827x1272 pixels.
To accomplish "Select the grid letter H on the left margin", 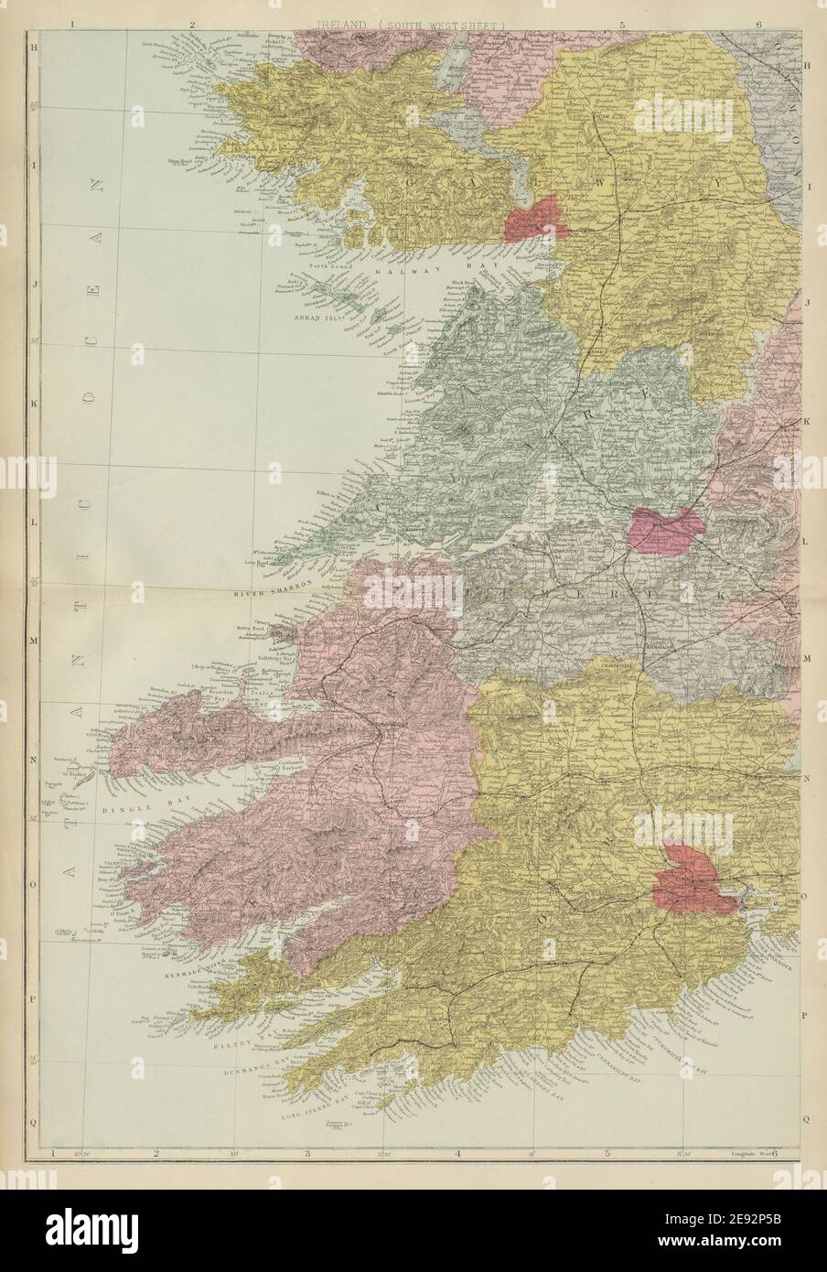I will point(33,45).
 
